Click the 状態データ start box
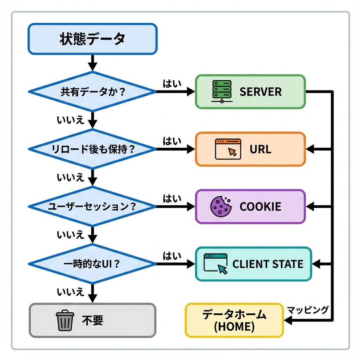[92, 39]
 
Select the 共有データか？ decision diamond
[92, 92]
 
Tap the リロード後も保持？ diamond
[92, 149]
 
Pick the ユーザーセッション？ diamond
[92, 206]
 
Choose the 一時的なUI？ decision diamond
[92, 264]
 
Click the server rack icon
[222, 91]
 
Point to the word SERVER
[261, 92]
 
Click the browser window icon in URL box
[228, 149]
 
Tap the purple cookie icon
[221, 206]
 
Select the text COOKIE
[260, 207]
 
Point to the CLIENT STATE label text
[268, 264]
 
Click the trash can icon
[65, 320]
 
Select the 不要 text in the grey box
[92, 321]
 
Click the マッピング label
[308, 310]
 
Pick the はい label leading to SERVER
[172, 84]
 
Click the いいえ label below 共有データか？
[71, 120]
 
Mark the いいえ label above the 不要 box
[71, 292]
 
